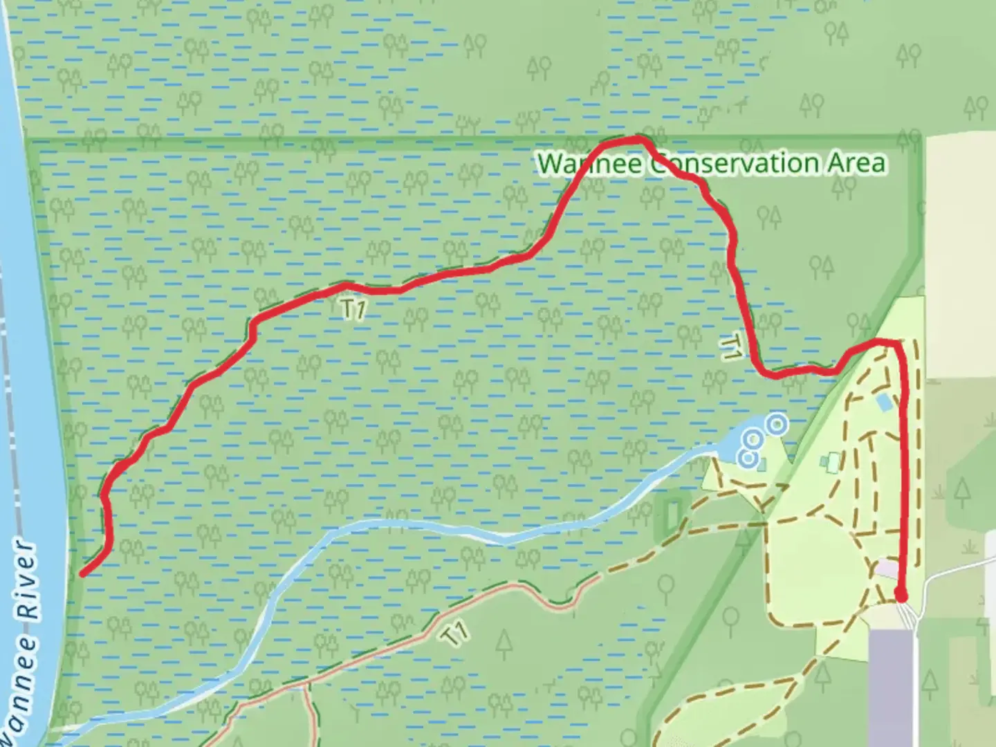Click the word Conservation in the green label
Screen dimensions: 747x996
735,163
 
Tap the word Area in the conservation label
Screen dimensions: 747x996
856,163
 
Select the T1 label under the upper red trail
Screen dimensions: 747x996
353,309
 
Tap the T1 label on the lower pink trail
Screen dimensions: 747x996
454,634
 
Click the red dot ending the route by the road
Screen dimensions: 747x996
901,594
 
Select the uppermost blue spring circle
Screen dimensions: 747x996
777,423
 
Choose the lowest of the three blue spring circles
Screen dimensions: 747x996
746,457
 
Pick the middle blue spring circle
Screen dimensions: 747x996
753,439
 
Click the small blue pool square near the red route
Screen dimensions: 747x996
884,401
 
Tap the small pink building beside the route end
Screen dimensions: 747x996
887,569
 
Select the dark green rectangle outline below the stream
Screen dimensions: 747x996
671,516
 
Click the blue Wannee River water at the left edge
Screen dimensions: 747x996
21,346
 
